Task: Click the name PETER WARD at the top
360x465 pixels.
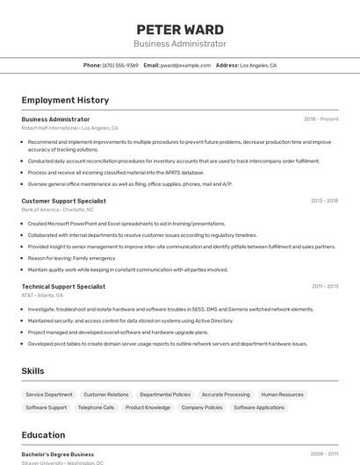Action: [x=180, y=29]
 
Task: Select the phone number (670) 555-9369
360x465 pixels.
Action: [x=120, y=65]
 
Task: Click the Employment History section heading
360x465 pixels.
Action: [x=65, y=100]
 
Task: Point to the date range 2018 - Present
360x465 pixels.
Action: [x=320, y=118]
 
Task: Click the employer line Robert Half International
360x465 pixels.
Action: [x=69, y=127]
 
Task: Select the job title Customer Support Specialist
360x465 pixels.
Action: [x=63, y=201]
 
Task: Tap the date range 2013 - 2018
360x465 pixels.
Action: [x=324, y=201]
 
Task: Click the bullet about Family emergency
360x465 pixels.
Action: [x=71, y=258]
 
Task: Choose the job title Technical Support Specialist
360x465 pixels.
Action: [x=63, y=286]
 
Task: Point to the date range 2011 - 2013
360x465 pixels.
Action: [x=325, y=286]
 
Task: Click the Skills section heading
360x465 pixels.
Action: [x=32, y=371]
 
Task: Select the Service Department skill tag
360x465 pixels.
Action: [x=49, y=395]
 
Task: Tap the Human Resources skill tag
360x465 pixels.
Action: [x=282, y=395]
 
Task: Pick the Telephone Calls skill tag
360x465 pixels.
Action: [x=96, y=407]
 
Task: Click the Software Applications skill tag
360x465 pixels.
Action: [x=259, y=407]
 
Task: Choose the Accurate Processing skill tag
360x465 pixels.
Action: [x=226, y=395]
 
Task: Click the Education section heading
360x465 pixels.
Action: [x=43, y=435]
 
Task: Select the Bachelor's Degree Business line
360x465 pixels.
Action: [x=58, y=454]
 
